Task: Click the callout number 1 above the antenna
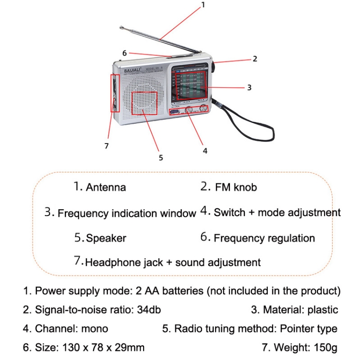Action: point(203,5)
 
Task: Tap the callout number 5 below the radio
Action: point(161,157)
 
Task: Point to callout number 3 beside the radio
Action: point(249,87)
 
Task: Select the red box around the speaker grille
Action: point(144,102)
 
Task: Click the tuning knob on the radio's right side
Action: point(213,67)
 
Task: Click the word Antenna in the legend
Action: point(106,187)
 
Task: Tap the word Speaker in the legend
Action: point(106,238)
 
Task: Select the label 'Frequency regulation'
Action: point(264,238)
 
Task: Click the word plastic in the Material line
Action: point(321,310)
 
